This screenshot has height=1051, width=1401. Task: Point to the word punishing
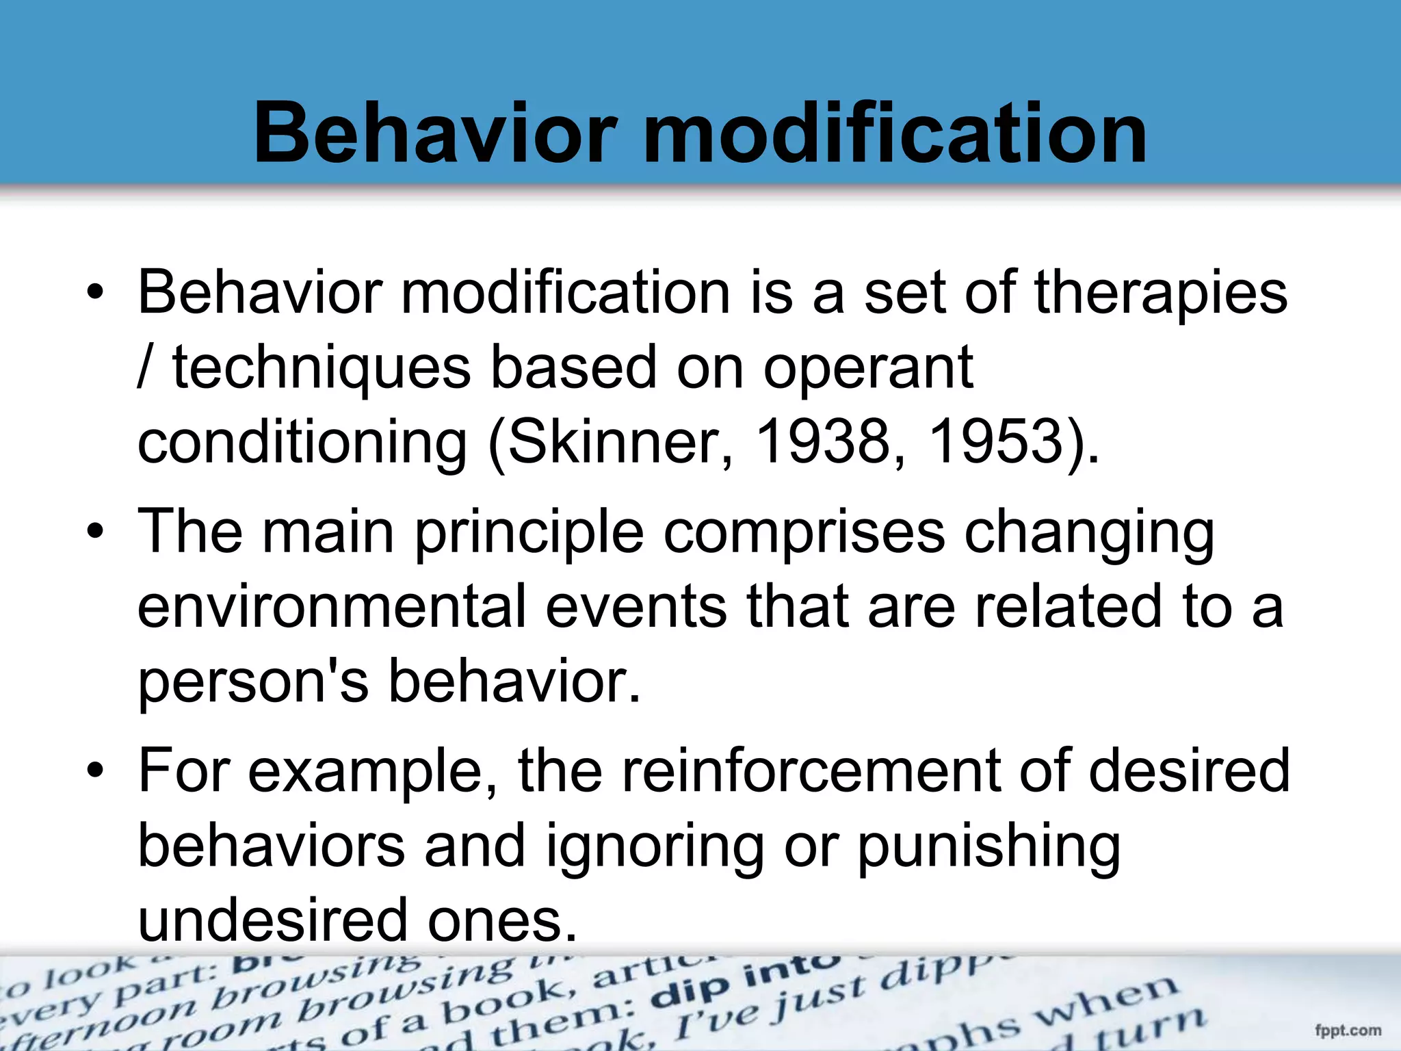pos(988,847)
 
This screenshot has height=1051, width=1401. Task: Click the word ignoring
pos(654,847)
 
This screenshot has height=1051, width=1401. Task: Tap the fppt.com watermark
pos(1348,1030)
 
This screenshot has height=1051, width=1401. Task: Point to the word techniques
pos(322,368)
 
